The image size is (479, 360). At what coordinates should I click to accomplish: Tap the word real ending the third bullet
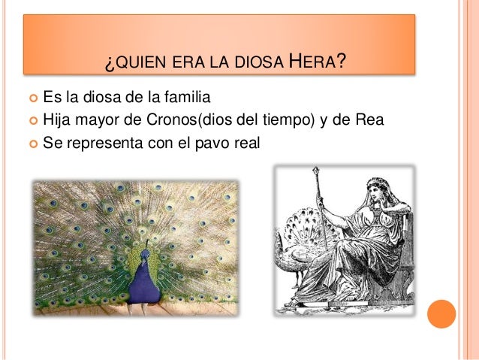point(247,140)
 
